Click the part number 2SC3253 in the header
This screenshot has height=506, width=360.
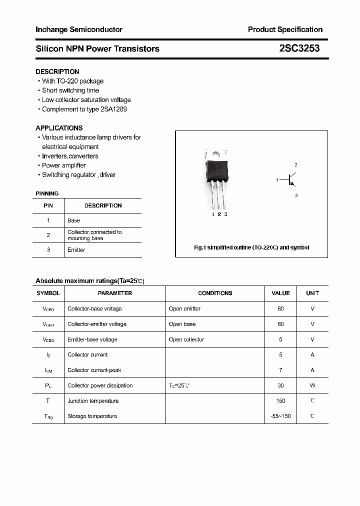[299, 48]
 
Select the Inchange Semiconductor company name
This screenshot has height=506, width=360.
[78, 29]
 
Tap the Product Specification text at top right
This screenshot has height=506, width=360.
[285, 29]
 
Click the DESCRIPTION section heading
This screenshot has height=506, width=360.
[57, 71]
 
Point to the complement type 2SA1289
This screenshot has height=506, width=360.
[114, 109]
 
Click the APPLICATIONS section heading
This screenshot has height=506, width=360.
[59, 128]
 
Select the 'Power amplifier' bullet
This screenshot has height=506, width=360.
[63, 165]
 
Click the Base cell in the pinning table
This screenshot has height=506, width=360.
[73, 220]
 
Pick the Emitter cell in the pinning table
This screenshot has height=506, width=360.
[76, 250]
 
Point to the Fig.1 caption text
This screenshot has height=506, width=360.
[251, 247]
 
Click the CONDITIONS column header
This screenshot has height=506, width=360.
[215, 293]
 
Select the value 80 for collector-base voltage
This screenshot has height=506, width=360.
[280, 309]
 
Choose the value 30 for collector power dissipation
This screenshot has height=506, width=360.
[280, 385]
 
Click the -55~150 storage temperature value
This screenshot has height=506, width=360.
[280, 416]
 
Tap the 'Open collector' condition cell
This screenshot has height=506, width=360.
[186, 339]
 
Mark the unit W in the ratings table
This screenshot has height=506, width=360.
[312, 385]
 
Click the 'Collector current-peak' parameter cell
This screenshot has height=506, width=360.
[94, 370]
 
